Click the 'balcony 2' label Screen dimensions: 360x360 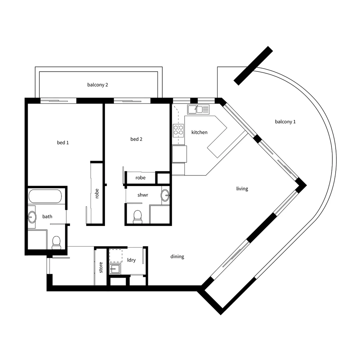coord(98,85)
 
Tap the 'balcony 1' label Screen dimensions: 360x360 coord(285,122)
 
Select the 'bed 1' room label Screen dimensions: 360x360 coord(63,143)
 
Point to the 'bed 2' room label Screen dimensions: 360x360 coord(136,139)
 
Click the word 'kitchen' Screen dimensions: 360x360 coord(199,132)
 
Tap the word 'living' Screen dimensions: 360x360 coord(242,189)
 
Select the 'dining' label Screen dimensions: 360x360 coord(177,257)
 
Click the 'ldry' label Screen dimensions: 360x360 coord(131,260)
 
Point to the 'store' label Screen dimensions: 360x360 coord(101,267)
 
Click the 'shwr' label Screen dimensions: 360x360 coord(143,195)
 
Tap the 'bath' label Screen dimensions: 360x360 coord(47,217)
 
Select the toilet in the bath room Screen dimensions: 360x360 coord(56,242)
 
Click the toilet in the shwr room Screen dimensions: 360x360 coord(137,217)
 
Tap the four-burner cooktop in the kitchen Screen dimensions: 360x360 coord(178,130)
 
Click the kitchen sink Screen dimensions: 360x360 coord(198,109)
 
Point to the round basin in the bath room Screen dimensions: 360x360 coord(32,217)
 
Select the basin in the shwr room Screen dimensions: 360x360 coord(165,194)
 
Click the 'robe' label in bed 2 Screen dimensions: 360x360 coord(140,178)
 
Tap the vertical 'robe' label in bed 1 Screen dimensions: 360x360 coord(97,194)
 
